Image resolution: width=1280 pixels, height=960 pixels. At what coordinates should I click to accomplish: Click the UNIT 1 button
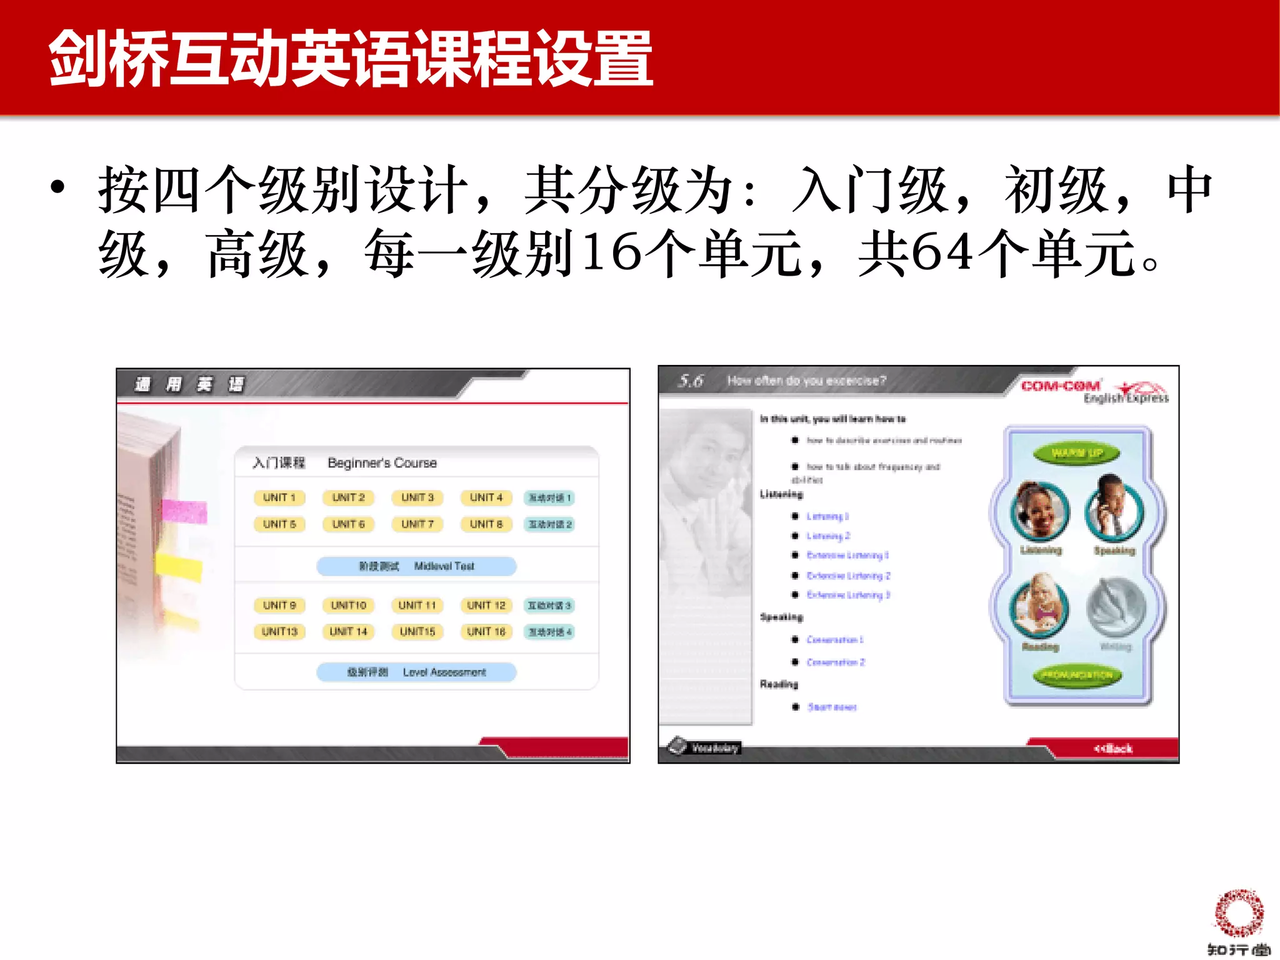pos(279,497)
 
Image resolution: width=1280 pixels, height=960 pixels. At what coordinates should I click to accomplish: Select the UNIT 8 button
pos(486,524)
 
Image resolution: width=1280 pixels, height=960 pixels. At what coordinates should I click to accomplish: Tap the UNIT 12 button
pos(486,605)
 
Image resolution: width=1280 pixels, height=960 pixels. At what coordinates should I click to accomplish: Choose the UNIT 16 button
pos(486,632)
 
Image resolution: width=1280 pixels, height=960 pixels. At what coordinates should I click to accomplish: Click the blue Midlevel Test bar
pos(416,566)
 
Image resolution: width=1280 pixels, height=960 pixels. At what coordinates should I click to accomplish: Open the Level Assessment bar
pos(416,672)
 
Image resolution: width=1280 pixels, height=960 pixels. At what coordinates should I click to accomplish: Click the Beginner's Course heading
pos(382,463)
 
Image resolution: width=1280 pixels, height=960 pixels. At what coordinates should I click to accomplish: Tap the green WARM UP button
pos(1076,453)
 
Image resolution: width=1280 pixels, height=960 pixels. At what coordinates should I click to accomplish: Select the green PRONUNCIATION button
pos(1076,676)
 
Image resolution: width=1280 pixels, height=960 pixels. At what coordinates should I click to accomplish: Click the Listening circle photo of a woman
pos(1039,511)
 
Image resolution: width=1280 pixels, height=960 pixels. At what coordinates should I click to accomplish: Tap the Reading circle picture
pos(1039,607)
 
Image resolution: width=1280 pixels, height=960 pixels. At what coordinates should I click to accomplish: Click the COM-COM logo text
pos(1060,386)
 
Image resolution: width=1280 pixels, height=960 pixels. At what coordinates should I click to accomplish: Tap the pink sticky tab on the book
pos(184,511)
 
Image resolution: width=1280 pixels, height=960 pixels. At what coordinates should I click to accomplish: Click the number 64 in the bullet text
pos(942,252)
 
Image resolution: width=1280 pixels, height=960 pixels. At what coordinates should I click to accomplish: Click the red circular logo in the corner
pos(1238,913)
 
